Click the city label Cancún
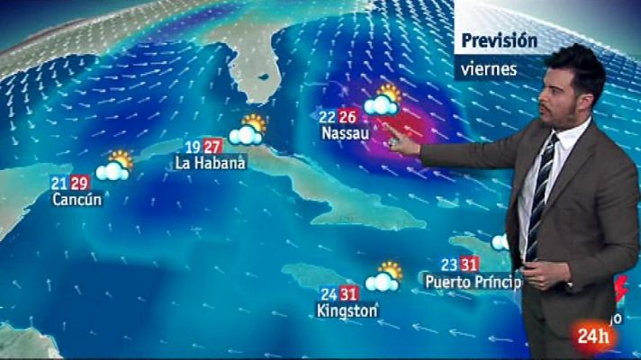pyautogui.click(x=77, y=199)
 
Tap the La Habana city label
pyautogui.click(x=210, y=164)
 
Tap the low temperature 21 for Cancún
pyautogui.click(x=60, y=183)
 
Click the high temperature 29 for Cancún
pyautogui.click(x=79, y=183)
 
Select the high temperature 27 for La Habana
pyautogui.click(x=212, y=147)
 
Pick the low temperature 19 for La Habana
pyautogui.click(x=193, y=147)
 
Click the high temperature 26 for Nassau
pyautogui.click(x=348, y=116)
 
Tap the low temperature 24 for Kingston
pyautogui.click(x=329, y=293)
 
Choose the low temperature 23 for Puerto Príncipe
pyautogui.click(x=450, y=265)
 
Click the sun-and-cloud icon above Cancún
pyautogui.click(x=114, y=166)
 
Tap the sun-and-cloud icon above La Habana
pyautogui.click(x=248, y=130)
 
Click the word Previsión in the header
pyautogui.click(x=499, y=40)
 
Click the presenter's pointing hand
pyautogui.click(x=402, y=141)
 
